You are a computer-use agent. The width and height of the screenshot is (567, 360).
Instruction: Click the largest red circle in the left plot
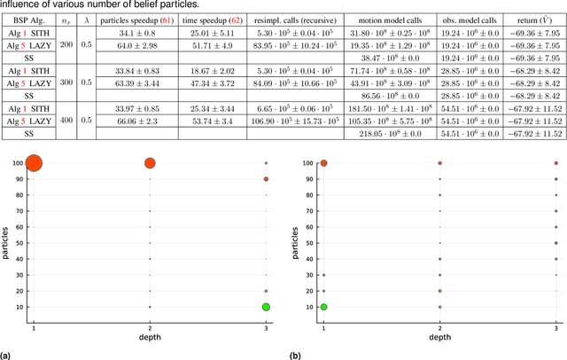click(x=35, y=162)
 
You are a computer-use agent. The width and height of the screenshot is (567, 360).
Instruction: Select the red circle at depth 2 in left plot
click(x=150, y=162)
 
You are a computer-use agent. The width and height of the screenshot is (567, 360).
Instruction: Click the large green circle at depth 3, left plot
click(x=266, y=307)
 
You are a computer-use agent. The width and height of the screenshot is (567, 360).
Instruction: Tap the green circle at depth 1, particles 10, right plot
click(x=324, y=307)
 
